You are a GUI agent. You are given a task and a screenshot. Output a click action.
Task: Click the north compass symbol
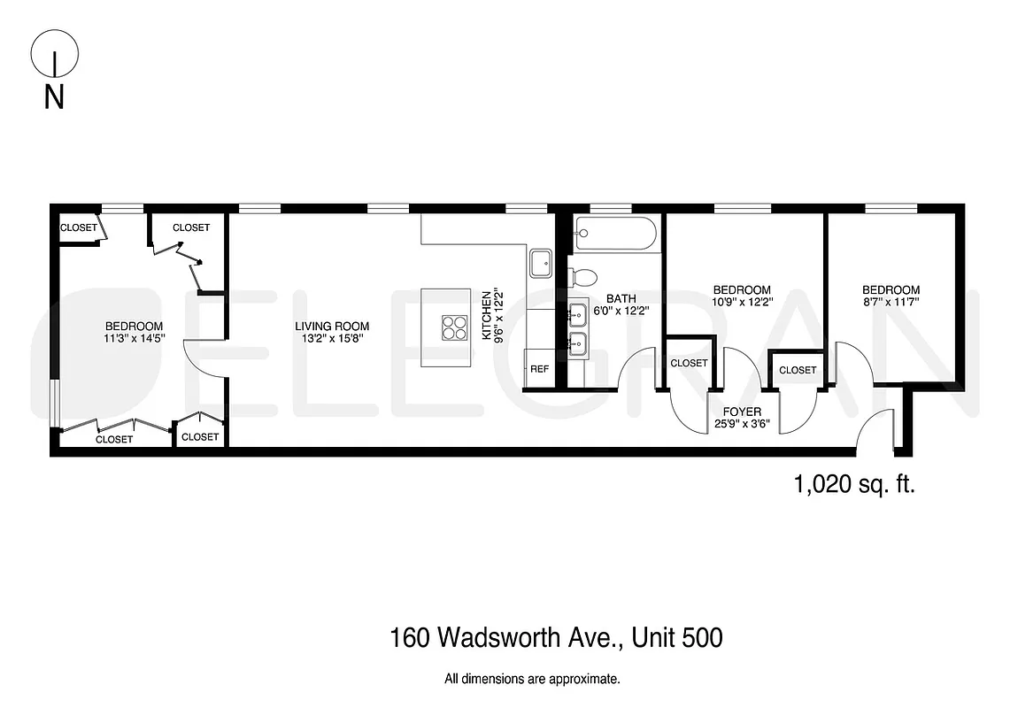click(x=54, y=58)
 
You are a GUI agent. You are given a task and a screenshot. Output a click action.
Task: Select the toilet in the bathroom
click(x=585, y=276)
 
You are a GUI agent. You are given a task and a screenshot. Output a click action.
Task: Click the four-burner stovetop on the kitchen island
click(x=454, y=327)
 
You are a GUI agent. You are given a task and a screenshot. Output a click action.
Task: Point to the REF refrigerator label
click(x=539, y=369)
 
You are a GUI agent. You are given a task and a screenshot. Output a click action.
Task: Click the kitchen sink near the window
click(x=541, y=262)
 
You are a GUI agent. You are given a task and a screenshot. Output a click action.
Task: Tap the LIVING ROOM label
click(x=332, y=326)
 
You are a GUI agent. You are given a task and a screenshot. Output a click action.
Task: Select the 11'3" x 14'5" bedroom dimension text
click(x=134, y=338)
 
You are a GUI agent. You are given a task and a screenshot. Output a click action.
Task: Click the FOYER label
click(x=742, y=412)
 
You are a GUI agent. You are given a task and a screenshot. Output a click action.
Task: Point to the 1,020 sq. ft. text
click(x=854, y=484)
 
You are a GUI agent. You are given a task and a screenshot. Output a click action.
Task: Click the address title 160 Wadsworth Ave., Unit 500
click(x=556, y=637)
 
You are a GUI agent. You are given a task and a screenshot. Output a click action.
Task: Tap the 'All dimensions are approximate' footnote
click(x=532, y=680)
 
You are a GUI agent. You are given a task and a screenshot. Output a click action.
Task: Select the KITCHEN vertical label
click(x=486, y=316)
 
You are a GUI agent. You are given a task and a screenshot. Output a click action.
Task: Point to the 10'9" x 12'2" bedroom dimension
click(x=742, y=302)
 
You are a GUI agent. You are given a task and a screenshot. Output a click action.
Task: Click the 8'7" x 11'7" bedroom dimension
click(x=891, y=302)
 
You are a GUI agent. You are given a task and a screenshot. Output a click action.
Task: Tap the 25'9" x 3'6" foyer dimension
click(x=742, y=424)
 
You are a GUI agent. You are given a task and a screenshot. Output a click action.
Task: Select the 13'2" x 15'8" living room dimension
click(x=332, y=338)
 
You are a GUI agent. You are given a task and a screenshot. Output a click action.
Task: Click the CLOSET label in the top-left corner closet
click(x=78, y=227)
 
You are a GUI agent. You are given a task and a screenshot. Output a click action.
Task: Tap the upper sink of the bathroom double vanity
click(x=577, y=312)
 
